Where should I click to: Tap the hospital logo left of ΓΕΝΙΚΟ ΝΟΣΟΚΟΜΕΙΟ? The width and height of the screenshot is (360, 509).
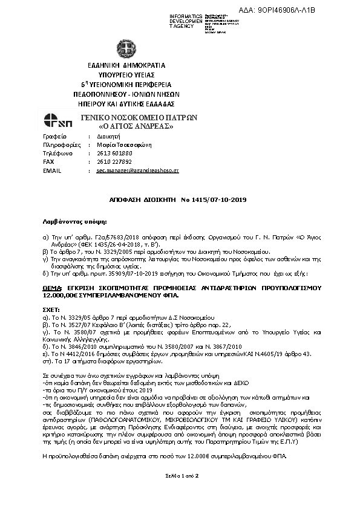pyautogui.click(x=59, y=121)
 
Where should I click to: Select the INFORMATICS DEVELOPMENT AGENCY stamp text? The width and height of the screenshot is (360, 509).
pyautogui.click(x=186, y=19)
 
